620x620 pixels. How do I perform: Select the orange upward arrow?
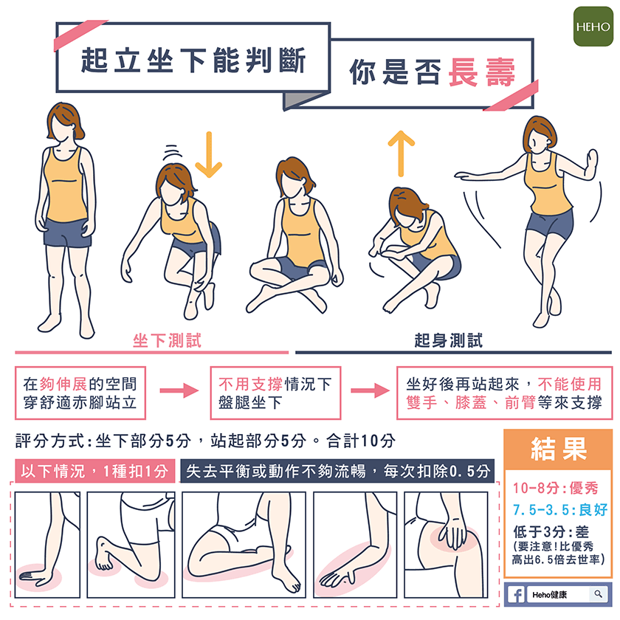tap(401, 154)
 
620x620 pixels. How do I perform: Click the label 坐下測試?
tap(167, 340)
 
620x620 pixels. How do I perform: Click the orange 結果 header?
tap(559, 449)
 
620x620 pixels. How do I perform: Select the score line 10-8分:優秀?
tap(556, 488)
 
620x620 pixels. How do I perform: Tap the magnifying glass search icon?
tap(598, 594)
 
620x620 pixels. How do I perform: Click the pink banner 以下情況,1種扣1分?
tap(94, 471)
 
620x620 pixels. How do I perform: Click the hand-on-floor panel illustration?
tap(47, 545)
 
